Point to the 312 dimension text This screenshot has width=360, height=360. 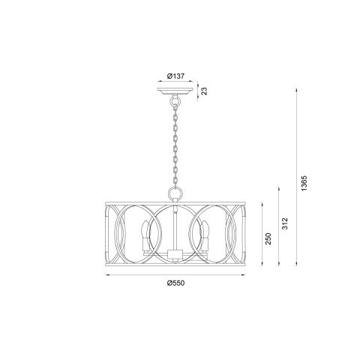(x=286, y=224)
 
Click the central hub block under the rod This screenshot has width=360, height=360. (x=174, y=254)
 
